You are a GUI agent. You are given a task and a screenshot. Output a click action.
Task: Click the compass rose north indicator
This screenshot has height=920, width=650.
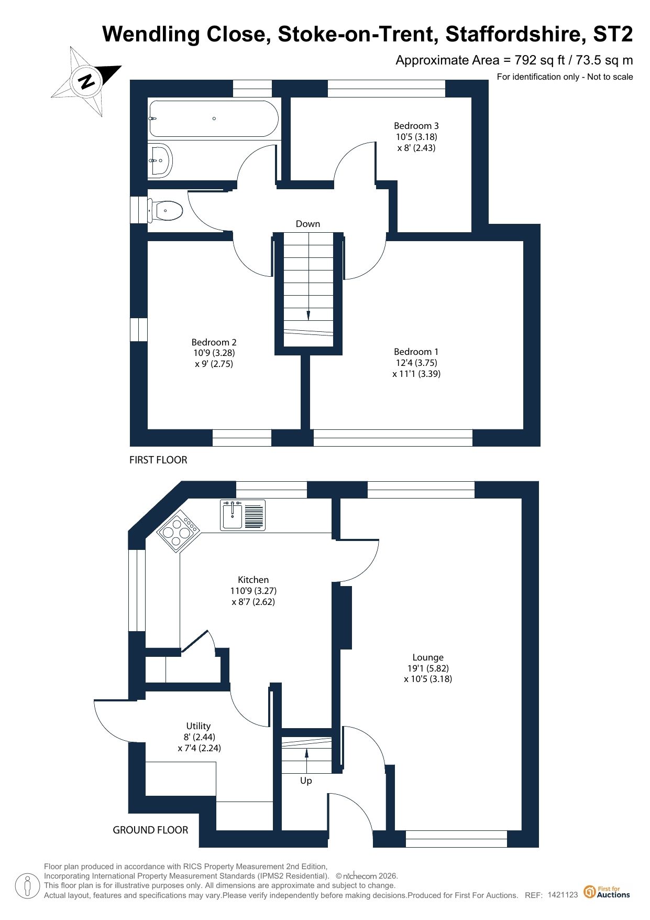pos(86,81)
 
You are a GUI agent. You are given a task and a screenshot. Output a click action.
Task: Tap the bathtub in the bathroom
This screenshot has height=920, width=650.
pos(214,118)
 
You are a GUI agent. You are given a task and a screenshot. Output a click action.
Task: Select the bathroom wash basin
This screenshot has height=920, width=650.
pos(160,160)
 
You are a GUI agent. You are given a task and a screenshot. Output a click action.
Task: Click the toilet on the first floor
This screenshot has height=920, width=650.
pos(165,211)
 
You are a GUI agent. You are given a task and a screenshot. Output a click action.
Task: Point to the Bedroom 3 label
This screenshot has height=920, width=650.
pos(416,137)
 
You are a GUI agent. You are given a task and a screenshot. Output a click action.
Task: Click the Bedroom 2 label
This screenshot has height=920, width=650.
pos(214,353)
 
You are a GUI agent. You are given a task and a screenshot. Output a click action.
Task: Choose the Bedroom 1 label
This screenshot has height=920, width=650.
pos(416,363)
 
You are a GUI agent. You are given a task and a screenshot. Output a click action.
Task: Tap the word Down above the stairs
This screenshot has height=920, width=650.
pos(308,224)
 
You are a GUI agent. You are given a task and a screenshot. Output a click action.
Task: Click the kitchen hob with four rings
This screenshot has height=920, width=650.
pos(179,531)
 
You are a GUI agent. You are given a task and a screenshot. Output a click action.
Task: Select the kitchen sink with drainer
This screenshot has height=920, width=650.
pos(243,515)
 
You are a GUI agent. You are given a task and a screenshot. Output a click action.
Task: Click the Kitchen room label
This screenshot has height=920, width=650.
pos(254,591)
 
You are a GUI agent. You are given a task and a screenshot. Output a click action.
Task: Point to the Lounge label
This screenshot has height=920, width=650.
pos(428,668)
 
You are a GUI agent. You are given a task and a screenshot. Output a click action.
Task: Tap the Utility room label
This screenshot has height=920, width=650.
pos(199,737)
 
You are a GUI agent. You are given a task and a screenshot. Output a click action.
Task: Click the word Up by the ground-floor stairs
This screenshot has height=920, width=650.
pos(306,781)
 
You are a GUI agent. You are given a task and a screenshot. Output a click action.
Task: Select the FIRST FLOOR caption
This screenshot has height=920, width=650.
pos(158,460)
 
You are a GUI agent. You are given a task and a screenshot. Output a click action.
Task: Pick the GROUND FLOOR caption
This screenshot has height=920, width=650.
pos(150,830)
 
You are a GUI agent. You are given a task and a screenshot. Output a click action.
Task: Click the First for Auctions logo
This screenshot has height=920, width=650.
pos(607,892)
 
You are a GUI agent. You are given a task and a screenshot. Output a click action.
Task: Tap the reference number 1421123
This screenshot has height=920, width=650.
pos(563,895)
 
